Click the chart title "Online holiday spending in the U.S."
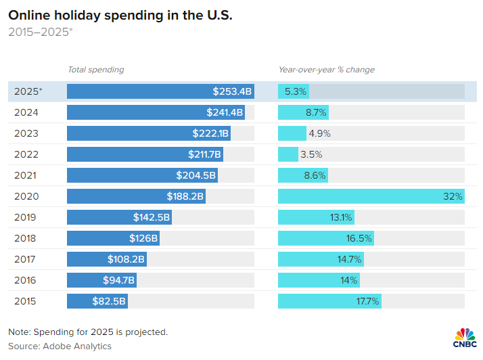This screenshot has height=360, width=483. tap(120, 15)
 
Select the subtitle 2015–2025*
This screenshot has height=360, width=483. tap(40, 32)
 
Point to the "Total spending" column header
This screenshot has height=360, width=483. tap(96, 70)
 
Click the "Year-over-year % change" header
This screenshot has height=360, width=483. tap(327, 70)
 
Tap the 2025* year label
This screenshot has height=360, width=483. tap(28, 91)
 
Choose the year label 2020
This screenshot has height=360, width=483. tap(26, 196)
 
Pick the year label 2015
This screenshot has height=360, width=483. tap(26, 301)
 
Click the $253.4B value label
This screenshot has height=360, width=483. tap(232, 91)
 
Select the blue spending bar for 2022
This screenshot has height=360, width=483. tap(145, 154)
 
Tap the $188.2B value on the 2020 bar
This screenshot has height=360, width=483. tap(185, 196)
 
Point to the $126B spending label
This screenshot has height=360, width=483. tap(143, 238)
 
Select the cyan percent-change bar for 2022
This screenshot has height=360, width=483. tap(288, 154)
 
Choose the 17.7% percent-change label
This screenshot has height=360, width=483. tap(367, 301)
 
